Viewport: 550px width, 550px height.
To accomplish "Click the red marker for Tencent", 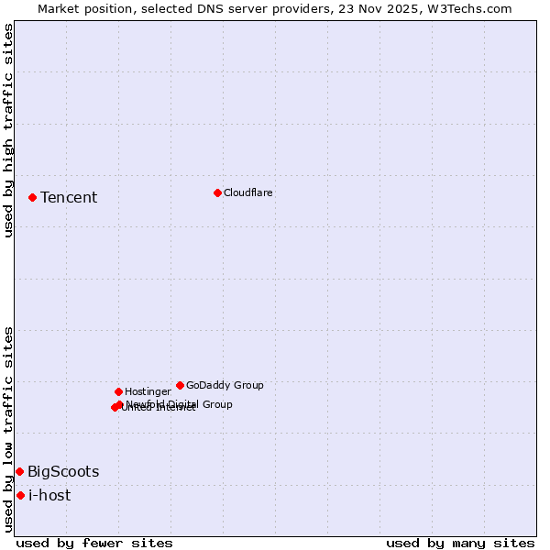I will [32, 197].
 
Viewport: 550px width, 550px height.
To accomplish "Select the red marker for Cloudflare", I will [217, 192].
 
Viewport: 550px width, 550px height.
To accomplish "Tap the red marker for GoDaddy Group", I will [180, 385].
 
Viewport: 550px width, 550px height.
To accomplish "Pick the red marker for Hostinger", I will [118, 391].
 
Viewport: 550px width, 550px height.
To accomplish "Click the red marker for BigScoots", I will [19, 471].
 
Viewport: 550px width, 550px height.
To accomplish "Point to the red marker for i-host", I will [20, 495].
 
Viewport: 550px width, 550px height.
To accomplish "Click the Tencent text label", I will [69, 197].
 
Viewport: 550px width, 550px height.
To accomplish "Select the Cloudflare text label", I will [247, 192].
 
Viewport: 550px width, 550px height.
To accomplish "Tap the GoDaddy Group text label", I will [225, 385].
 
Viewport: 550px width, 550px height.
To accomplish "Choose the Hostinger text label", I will [148, 391].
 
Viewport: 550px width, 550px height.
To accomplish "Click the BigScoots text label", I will [63, 471].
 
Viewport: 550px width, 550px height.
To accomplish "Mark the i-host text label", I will [49, 495].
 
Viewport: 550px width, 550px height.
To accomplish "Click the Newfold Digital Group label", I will [179, 403].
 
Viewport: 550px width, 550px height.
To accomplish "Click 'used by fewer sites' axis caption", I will [94, 543].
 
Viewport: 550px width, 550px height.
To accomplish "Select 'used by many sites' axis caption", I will [460, 543].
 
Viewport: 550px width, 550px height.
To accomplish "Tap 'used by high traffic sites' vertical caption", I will [8, 130].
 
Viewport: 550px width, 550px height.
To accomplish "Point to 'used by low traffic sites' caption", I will [8, 429].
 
